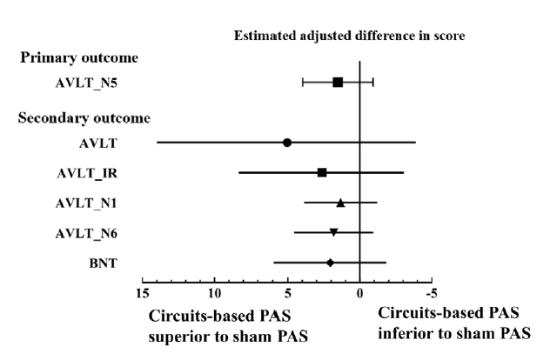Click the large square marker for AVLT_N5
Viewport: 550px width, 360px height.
click(338, 82)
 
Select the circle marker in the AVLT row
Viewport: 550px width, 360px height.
click(287, 142)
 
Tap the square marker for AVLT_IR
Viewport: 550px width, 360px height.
click(322, 172)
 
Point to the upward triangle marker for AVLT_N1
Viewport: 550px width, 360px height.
click(340, 203)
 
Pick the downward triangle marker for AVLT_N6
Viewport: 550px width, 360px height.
click(333, 232)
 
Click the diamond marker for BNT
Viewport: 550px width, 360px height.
click(330, 262)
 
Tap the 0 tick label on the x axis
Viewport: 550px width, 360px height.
click(359, 292)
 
